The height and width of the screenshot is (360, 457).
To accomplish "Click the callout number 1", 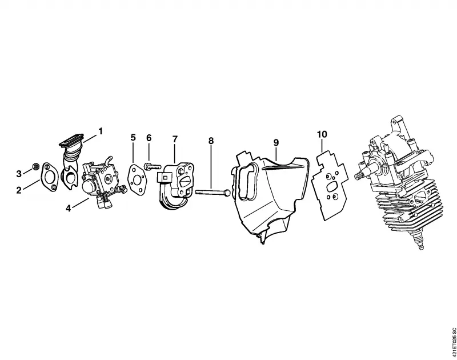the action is (x=101, y=131).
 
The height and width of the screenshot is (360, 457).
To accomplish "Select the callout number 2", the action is (x=19, y=191).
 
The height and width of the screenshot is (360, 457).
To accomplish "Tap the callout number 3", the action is (x=19, y=174).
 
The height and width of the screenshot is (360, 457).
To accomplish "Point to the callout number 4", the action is (x=68, y=209).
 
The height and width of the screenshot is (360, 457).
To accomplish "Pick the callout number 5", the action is (x=133, y=137).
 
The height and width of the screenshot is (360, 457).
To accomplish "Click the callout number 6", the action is (x=149, y=138).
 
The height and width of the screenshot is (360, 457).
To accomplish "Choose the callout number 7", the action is (x=175, y=139).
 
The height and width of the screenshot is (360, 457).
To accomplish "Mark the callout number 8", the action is (x=211, y=141).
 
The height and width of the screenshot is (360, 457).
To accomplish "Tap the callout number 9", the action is (x=276, y=143).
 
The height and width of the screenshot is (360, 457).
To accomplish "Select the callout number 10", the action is (x=322, y=134).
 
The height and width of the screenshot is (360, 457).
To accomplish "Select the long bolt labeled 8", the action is (x=213, y=193).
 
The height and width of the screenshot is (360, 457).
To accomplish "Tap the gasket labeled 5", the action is (x=137, y=180).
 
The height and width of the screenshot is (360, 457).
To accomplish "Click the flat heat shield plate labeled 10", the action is (x=330, y=186).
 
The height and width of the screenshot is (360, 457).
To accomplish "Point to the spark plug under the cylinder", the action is (x=419, y=238).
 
